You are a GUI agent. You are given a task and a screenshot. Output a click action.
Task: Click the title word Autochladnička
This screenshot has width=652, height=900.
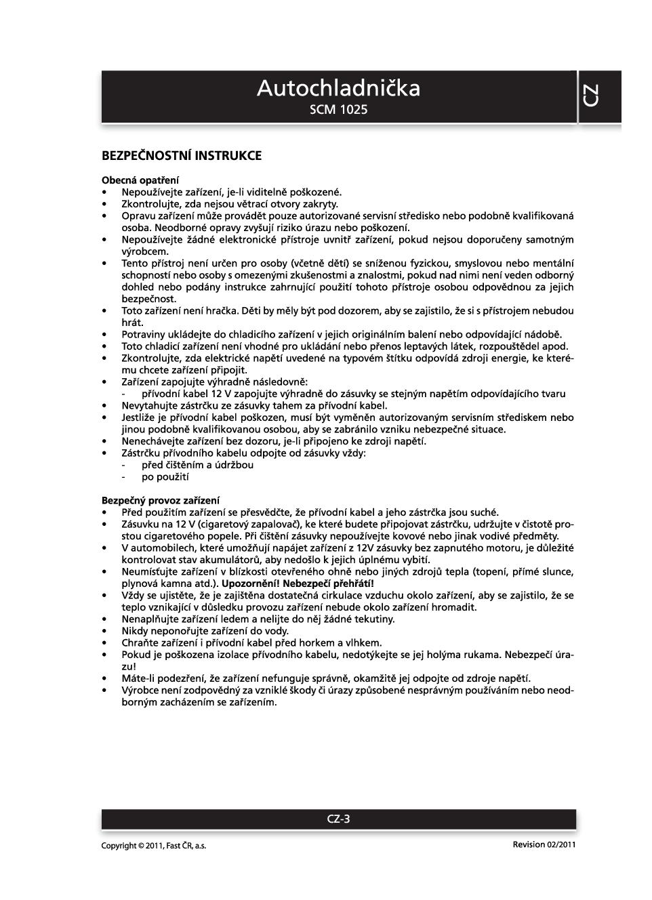click(x=338, y=89)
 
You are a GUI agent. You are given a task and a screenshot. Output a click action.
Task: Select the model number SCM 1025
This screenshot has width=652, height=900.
click(x=338, y=109)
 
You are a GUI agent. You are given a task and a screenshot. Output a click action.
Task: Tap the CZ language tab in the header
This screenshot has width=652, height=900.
click(x=591, y=96)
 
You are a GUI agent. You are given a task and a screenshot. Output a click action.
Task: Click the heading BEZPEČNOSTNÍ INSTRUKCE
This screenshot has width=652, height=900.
click(x=182, y=156)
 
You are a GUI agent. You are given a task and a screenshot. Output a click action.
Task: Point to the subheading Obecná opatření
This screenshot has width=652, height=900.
click(x=140, y=180)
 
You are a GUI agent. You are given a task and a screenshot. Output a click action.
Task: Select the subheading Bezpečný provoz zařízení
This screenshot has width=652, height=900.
click(x=161, y=500)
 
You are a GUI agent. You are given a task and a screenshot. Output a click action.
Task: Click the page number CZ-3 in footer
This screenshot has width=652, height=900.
click(x=338, y=819)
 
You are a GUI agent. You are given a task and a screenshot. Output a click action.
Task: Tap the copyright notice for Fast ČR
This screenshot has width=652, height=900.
click(x=154, y=845)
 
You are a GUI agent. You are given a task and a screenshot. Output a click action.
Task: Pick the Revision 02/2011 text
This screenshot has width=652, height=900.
click(x=544, y=844)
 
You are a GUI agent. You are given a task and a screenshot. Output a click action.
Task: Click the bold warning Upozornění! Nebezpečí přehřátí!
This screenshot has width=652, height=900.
click(x=298, y=584)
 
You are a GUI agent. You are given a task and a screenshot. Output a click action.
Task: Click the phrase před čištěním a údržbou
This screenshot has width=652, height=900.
click(x=197, y=465)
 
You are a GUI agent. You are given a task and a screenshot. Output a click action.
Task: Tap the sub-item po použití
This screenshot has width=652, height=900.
click(x=165, y=477)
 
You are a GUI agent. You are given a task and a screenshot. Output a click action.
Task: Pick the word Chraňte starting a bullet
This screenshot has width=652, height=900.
click(x=139, y=642)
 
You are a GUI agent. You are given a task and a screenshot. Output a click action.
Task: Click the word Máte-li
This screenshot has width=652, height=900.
click(x=138, y=678)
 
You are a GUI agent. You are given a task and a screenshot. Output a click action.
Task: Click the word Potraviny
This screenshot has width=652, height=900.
click(x=144, y=334)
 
